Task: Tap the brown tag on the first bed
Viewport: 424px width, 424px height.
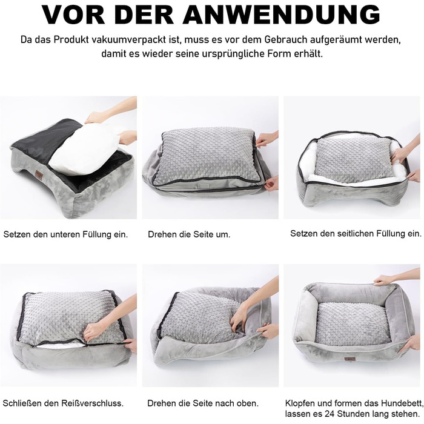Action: [39, 174]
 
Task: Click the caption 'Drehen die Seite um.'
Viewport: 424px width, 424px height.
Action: [189, 234]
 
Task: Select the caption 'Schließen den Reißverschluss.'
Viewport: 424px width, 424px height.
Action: [63, 403]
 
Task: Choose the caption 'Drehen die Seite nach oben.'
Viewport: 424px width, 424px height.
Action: [203, 403]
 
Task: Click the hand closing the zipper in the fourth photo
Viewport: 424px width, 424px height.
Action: [95, 331]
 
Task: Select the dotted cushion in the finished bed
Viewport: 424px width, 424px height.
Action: [353, 323]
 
